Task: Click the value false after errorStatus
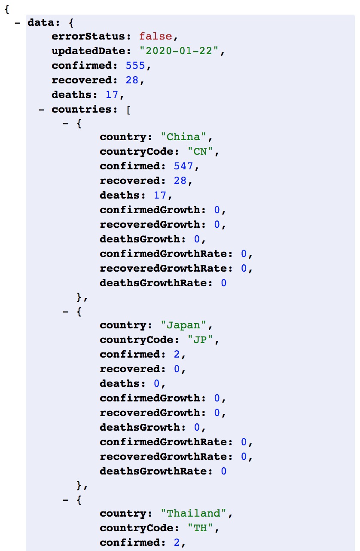pos(155,37)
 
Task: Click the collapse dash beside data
pos(18,22)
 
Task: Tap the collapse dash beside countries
pos(42,109)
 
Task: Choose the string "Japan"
pos(183,326)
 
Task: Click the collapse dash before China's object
pos(66,124)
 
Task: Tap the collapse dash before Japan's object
pos(66,312)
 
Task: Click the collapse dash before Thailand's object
pos(66,500)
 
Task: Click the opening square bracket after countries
pos(128,109)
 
